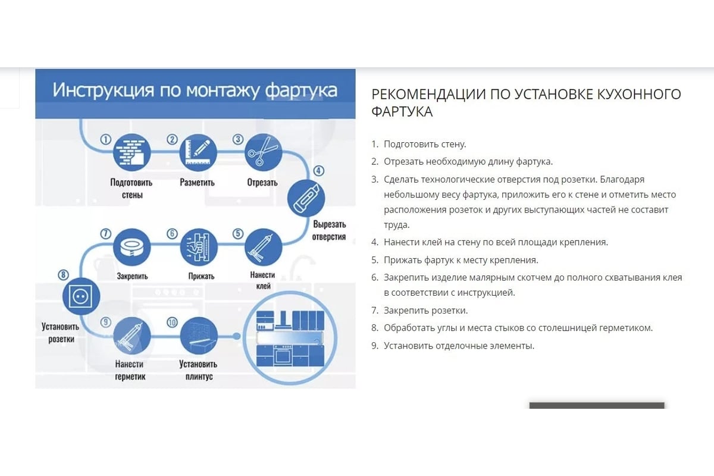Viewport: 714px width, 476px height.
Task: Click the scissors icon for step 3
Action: coord(263,152)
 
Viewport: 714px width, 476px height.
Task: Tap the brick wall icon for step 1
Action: coord(132,152)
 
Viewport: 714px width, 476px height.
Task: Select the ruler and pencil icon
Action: coord(198,152)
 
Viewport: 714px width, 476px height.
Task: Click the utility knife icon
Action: coord(306,198)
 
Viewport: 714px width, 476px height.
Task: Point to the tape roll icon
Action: coord(132,247)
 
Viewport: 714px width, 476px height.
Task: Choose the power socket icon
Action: coord(82,296)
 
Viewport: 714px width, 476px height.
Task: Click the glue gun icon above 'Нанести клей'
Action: coord(263,247)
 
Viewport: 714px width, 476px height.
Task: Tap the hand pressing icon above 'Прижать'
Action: coord(199,247)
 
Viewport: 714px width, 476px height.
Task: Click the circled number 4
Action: coord(319,171)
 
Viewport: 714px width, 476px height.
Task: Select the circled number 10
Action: coord(172,322)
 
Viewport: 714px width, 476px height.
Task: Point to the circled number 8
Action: coord(63,274)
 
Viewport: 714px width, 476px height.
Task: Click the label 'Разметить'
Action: coord(198,182)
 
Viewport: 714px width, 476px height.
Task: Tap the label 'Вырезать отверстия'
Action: coord(329,230)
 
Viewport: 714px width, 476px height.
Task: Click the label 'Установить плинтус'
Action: coord(198,370)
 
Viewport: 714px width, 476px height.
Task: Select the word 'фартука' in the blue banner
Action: coord(301,90)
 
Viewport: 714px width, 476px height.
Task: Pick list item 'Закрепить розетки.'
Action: coord(425,310)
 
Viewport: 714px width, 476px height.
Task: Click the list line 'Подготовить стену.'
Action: coord(425,144)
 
